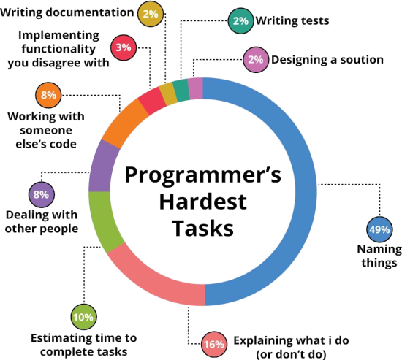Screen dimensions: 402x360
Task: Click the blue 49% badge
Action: pyautogui.click(x=379, y=229)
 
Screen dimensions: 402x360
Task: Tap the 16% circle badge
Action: pyautogui.click(x=214, y=344)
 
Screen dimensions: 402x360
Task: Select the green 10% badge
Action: pyautogui.click(x=83, y=317)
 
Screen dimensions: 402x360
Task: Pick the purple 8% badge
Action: pyautogui.click(x=41, y=194)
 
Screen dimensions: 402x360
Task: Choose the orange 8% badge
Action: pyautogui.click(x=48, y=95)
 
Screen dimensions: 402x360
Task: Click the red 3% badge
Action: pyautogui.click(x=124, y=47)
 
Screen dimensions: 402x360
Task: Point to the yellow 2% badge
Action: pyautogui.click(x=151, y=14)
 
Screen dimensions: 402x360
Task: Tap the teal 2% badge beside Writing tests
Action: pyautogui.click(x=240, y=21)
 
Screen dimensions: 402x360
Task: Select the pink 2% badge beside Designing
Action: pyautogui.click(x=256, y=60)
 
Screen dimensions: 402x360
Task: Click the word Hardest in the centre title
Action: pyautogui.click(x=203, y=202)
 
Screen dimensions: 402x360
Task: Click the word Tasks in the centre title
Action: pyautogui.click(x=202, y=229)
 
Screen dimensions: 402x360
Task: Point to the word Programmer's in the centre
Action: pyautogui.click(x=202, y=175)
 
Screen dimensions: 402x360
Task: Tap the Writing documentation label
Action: pyautogui.click(x=67, y=12)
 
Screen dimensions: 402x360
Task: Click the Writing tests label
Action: pyautogui.click(x=292, y=20)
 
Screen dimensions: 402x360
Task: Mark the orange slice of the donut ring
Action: pyautogui.click(x=123, y=123)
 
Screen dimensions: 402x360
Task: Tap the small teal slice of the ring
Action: pyautogui.click(x=181, y=91)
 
